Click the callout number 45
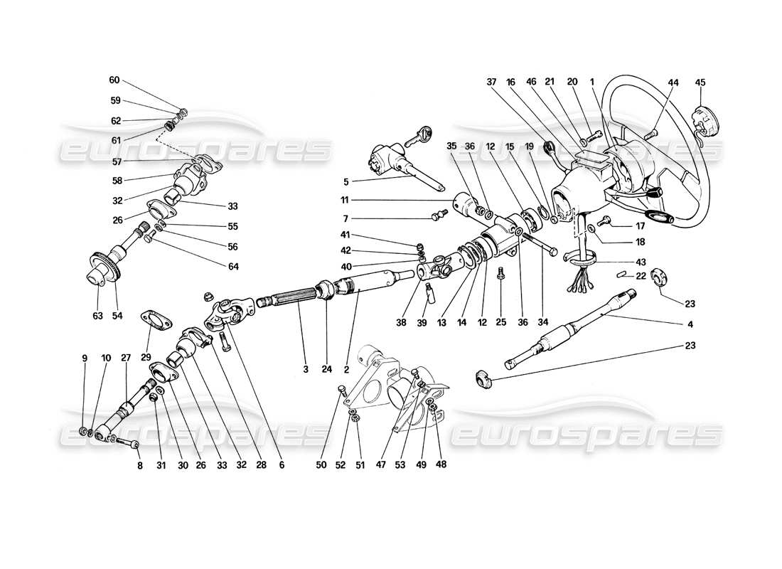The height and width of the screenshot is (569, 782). [700, 83]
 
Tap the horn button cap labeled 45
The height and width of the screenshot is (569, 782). [702, 116]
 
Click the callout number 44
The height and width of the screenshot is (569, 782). [673, 83]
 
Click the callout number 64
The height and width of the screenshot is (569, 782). [233, 267]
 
